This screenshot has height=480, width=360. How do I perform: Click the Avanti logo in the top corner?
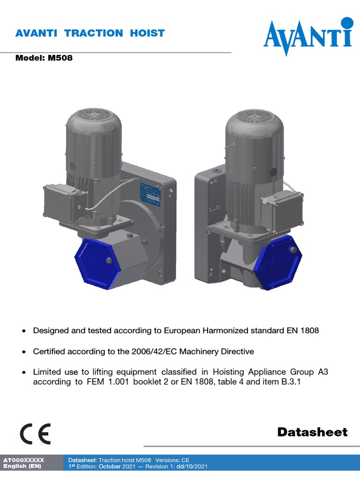pos(307,37)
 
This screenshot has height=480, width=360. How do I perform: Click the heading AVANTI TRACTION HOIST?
pos(90,33)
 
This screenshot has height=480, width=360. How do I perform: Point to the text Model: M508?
pos(45,59)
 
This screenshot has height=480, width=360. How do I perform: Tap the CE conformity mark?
pos(35,434)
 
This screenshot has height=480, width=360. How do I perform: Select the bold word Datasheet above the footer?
pos(312,432)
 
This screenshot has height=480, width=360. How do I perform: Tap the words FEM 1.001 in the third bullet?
pos(108,382)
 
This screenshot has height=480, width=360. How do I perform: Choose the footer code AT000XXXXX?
pos(23,460)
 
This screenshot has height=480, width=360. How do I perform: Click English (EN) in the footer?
pos(22,466)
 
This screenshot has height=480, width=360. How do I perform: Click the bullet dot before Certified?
pos(24,352)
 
